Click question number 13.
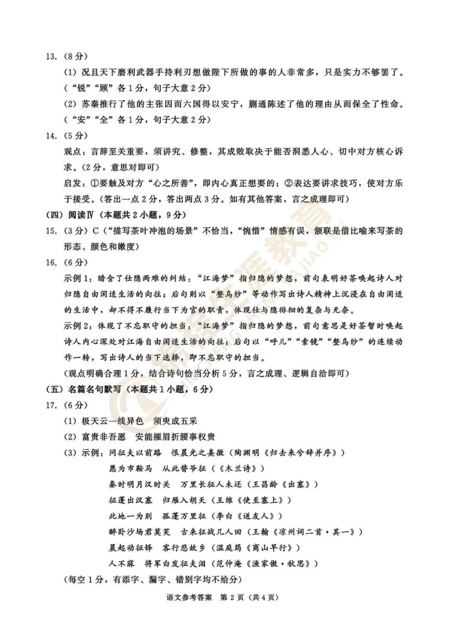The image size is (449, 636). pos(51,57)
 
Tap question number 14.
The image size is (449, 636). pos(51,136)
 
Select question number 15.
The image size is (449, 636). pos(51,231)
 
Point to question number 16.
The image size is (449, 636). pos(51,263)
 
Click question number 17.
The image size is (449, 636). pos(51,405)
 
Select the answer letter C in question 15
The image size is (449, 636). pos(96,231)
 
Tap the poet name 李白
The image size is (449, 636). pos(223,516)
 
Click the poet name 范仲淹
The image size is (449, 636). pos(230,564)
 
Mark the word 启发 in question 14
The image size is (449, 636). pos(72,184)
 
